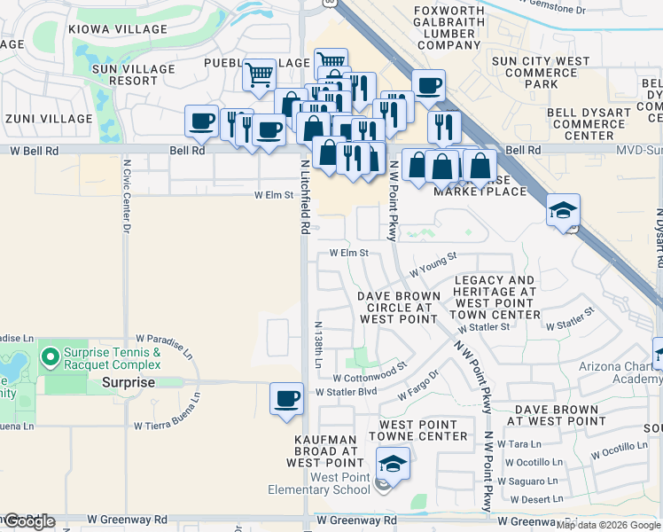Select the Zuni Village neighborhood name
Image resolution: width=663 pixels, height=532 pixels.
point(48,118)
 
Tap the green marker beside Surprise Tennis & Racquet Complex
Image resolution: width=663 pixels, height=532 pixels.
point(51,358)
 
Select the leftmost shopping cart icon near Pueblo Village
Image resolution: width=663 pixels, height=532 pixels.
point(259,74)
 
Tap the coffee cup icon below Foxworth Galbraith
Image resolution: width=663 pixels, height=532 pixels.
point(427,85)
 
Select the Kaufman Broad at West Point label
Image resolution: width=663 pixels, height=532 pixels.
point(327,450)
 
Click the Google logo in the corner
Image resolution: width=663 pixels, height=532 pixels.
point(28,521)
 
